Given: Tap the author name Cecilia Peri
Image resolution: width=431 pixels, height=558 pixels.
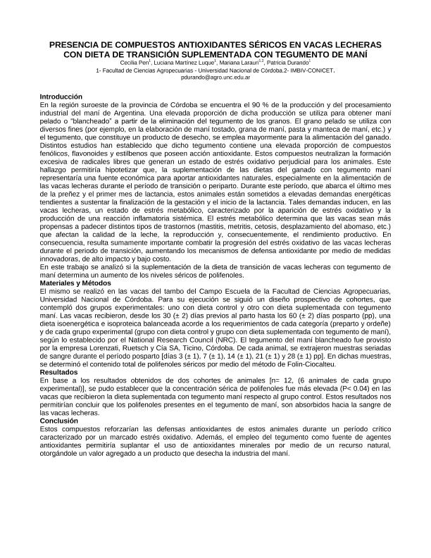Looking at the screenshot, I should [x=145, y=63].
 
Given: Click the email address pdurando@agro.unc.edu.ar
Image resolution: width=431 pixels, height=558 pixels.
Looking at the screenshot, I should [x=216, y=79].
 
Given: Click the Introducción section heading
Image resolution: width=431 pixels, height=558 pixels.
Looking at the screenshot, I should [x=61, y=96].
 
